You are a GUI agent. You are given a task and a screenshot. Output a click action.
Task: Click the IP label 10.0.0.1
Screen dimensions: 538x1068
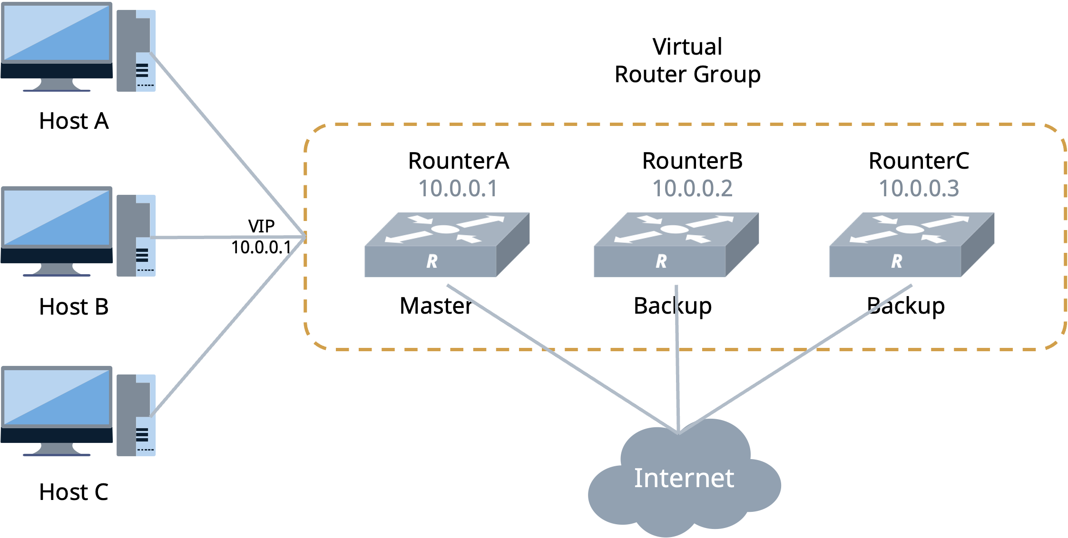click(458, 189)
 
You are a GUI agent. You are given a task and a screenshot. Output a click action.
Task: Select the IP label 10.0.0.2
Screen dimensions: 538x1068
click(692, 189)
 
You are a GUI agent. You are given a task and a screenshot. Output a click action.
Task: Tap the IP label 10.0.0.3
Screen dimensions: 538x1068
click(919, 189)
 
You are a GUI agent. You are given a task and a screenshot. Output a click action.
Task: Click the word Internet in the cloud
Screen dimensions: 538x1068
click(684, 478)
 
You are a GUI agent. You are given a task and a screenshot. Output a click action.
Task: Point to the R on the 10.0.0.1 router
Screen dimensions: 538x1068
click(431, 261)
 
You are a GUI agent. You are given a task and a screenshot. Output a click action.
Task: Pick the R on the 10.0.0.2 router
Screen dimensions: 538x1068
click(661, 261)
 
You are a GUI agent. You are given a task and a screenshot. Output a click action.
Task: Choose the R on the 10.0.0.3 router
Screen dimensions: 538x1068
click(896, 261)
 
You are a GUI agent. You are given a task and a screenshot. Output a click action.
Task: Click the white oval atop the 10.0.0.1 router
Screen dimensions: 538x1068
click(445, 229)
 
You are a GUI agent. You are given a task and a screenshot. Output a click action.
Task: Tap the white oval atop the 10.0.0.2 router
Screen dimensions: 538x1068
click(674, 229)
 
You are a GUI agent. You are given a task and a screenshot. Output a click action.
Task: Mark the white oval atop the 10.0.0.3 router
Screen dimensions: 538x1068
click(910, 229)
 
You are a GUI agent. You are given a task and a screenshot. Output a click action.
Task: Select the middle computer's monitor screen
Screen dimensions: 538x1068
click(57, 218)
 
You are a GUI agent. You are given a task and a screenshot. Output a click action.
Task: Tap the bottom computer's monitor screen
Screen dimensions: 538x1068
click(57, 397)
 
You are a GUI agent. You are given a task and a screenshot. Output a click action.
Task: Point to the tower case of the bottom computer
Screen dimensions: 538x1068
click(136, 415)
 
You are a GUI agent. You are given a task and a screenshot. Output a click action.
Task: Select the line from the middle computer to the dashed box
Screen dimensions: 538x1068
click(228, 237)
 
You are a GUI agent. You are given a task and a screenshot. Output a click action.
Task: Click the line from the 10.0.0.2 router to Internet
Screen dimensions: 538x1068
click(677, 356)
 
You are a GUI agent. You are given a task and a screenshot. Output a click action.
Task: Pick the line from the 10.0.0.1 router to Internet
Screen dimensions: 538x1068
click(561, 359)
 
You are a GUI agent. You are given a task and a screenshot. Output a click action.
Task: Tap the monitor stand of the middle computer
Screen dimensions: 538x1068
click(57, 270)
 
